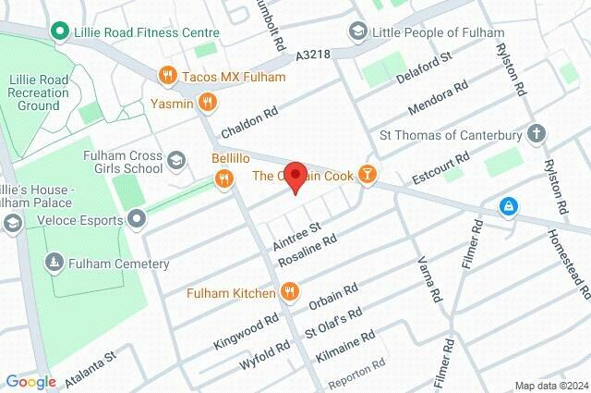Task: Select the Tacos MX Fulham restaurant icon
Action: point(167,75)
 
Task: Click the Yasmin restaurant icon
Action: point(209,102)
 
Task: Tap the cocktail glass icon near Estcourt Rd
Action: point(368,175)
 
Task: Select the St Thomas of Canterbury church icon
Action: point(537,135)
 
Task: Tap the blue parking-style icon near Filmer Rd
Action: point(507,204)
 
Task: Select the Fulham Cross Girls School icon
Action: point(175,163)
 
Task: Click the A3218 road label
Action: point(313,56)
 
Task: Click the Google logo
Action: point(30,381)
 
